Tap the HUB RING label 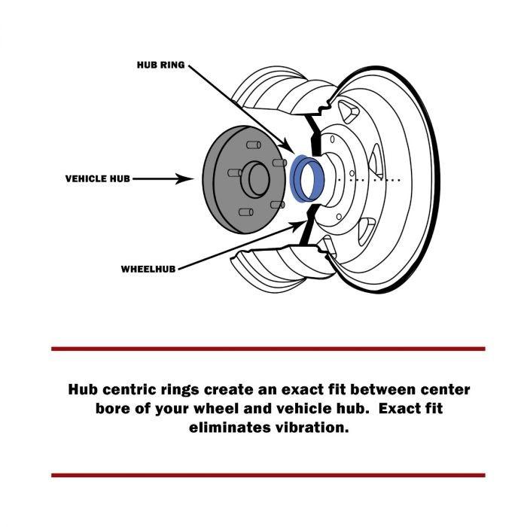coord(160,65)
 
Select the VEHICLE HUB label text coord(98,179)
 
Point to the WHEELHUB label coord(149,268)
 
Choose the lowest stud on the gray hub coord(244,212)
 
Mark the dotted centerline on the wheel coord(369,180)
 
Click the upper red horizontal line coord(268,349)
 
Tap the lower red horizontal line coord(268,475)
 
